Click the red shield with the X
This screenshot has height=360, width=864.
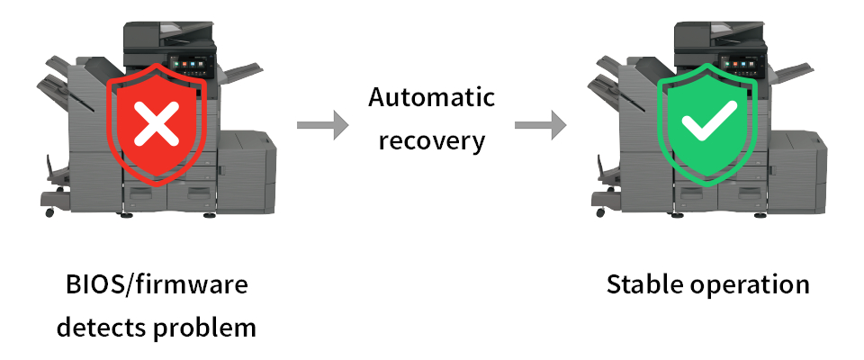tap(157, 125)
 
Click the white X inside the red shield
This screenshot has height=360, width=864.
tap(157, 123)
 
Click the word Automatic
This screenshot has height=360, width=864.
tap(431, 97)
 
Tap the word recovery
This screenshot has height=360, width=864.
tap(431, 141)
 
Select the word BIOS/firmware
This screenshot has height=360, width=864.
tap(157, 286)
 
